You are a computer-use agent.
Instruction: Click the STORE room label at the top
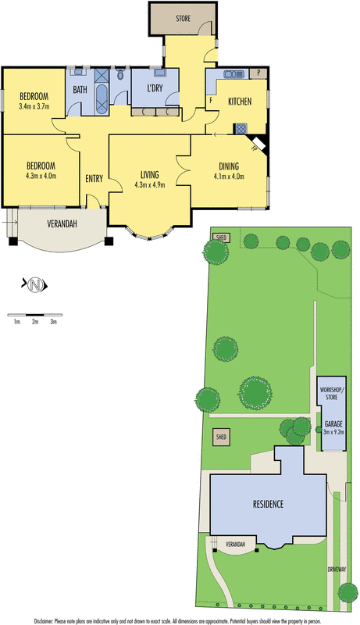183,17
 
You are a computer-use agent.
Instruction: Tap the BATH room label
80,90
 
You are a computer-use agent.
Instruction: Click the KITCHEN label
239,102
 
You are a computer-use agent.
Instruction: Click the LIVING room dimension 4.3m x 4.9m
150,185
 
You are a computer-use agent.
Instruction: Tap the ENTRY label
94,179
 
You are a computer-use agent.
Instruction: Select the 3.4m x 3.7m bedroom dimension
34,107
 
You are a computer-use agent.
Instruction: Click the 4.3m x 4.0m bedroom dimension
41,176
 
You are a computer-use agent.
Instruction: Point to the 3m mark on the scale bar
53,320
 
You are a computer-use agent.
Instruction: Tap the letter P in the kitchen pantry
258,73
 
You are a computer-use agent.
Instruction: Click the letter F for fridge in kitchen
211,101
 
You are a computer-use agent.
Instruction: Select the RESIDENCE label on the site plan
267,504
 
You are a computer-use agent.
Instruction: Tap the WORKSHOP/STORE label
333,393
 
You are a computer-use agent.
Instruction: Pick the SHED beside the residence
220,438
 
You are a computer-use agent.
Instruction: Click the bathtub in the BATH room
102,97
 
